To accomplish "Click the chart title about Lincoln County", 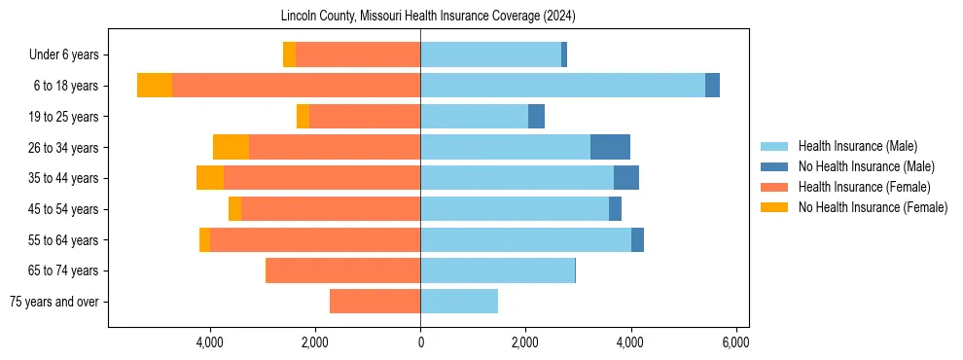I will click(x=428, y=17).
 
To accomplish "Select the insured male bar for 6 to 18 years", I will click(x=562, y=86).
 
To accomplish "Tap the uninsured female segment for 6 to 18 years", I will click(x=154, y=86).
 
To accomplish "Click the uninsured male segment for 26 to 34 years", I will click(x=610, y=147).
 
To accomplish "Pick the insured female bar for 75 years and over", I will click(x=374, y=302).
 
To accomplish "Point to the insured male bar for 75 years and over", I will click(x=459, y=302).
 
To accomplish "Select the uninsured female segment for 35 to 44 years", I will click(x=210, y=178).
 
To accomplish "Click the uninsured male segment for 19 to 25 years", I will click(x=536, y=117).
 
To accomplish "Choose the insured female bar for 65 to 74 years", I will click(x=343, y=270).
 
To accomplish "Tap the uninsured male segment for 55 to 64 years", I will click(x=637, y=239).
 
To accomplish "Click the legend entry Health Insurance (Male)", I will click(x=857, y=146).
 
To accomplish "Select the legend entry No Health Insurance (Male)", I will click(x=866, y=166).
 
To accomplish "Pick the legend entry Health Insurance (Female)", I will click(x=864, y=187).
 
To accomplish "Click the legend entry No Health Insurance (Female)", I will click(x=873, y=207).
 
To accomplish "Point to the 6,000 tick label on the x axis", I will click(x=735, y=342).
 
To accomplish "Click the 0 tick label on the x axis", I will click(x=420, y=342).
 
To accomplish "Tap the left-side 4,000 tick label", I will click(x=210, y=342).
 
